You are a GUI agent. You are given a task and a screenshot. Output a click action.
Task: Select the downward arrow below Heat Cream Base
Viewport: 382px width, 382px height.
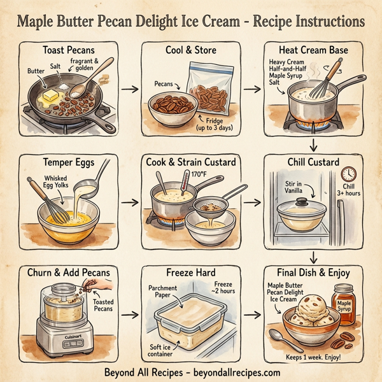pos(313,142)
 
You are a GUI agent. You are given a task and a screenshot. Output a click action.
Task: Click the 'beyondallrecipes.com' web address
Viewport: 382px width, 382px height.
pos(235,372)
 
